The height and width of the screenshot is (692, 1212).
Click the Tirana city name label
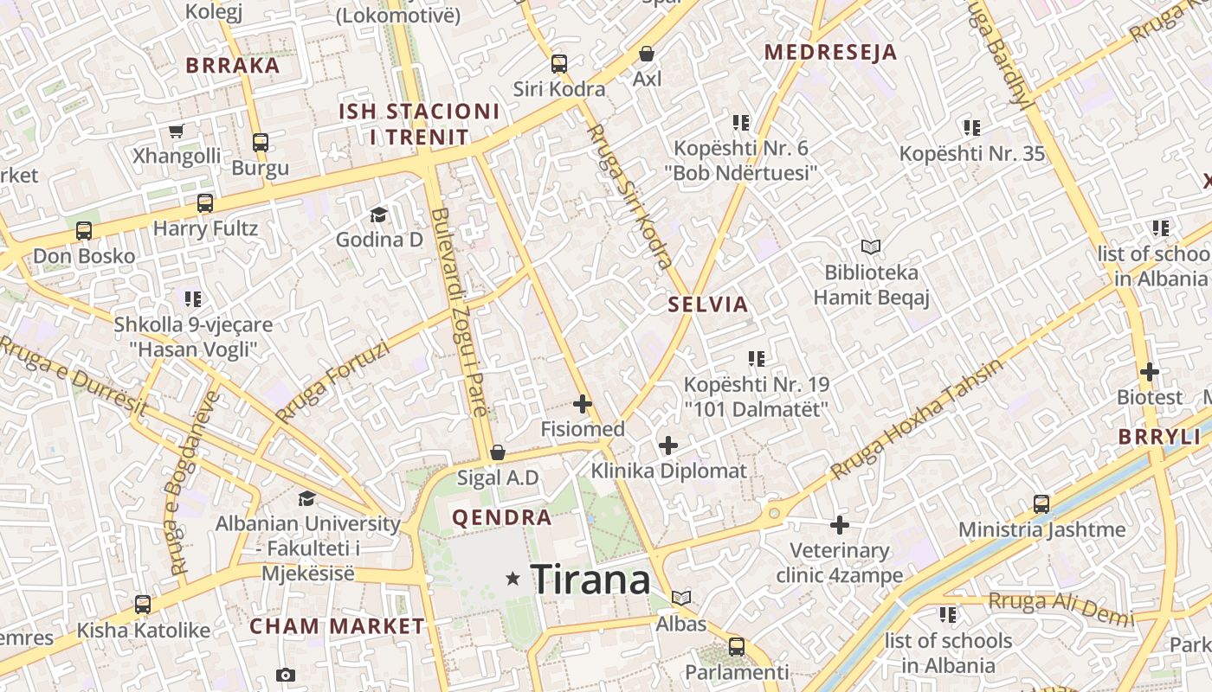tap(590, 579)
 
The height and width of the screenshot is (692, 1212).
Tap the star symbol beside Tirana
tap(513, 578)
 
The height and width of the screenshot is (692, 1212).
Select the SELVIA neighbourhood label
tap(708, 304)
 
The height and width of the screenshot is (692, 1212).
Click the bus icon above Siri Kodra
tap(559, 63)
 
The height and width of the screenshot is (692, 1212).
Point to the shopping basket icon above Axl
tap(647, 54)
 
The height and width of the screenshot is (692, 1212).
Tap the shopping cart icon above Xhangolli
tap(177, 131)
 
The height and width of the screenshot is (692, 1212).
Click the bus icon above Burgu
tap(261, 143)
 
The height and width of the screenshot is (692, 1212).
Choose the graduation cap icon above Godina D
tap(378, 214)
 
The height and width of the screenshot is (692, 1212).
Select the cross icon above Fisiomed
tap(583, 403)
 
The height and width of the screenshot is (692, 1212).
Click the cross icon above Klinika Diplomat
tap(668, 445)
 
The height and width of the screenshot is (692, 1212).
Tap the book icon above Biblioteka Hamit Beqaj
tap(871, 247)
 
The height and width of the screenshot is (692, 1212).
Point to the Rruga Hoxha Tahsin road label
tap(917, 419)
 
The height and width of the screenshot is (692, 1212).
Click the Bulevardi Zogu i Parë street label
tap(460, 311)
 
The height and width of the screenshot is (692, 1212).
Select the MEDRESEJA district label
tap(830, 52)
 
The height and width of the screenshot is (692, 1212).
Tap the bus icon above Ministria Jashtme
tap(1041, 503)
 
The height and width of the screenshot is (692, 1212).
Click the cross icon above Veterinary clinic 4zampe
tap(840, 524)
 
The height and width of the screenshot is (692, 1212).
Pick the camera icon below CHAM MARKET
tap(286, 675)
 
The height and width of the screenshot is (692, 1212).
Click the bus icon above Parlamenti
tap(737, 646)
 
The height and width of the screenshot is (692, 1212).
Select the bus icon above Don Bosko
tap(84, 231)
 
